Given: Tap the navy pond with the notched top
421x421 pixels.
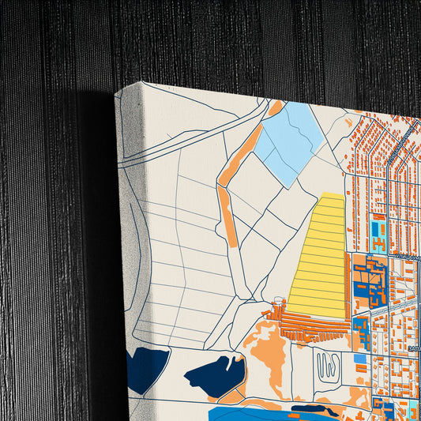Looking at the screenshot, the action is click(216, 376).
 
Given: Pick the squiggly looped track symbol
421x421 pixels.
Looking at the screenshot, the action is click(325, 364).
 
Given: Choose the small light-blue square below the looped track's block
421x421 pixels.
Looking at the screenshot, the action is click(359, 359).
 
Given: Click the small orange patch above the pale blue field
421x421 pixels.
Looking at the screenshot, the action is click(275, 108).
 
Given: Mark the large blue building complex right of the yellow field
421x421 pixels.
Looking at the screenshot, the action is click(369, 280).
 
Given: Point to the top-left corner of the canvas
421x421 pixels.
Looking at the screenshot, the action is click(117, 92).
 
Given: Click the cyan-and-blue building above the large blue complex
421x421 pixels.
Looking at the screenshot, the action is click(378, 234).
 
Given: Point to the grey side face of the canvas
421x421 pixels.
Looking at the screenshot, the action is click(126, 237).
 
